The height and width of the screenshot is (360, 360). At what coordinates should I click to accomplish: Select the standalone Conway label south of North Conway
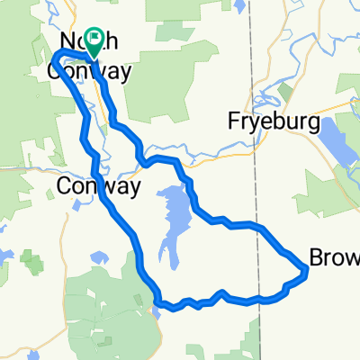[98, 186]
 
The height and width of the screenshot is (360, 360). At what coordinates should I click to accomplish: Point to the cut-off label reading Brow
[334, 258]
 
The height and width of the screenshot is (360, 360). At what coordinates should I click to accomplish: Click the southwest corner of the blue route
[157, 301]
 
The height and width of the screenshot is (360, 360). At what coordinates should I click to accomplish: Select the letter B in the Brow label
[316, 258]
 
